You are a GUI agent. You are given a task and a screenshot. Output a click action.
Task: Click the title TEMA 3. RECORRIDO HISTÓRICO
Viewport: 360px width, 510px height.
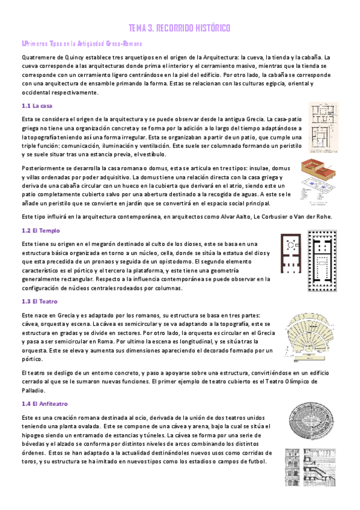coord(180,28)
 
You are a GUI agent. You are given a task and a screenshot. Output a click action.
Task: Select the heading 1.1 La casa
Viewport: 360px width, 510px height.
coord(37,106)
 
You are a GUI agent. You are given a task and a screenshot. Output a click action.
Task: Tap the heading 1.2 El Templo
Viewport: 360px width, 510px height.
coord(40,230)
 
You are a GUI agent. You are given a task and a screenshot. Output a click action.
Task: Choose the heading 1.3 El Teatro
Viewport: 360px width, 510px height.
coord(40,302)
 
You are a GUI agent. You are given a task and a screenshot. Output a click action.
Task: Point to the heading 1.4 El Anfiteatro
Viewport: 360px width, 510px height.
coord(44,404)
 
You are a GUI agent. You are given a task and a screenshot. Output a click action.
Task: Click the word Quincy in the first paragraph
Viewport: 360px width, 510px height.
coord(77,57)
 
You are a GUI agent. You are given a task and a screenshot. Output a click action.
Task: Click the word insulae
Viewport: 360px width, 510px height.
coord(246,169)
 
